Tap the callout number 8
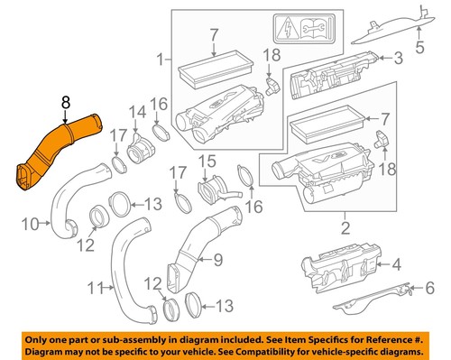click(x=65, y=105)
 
